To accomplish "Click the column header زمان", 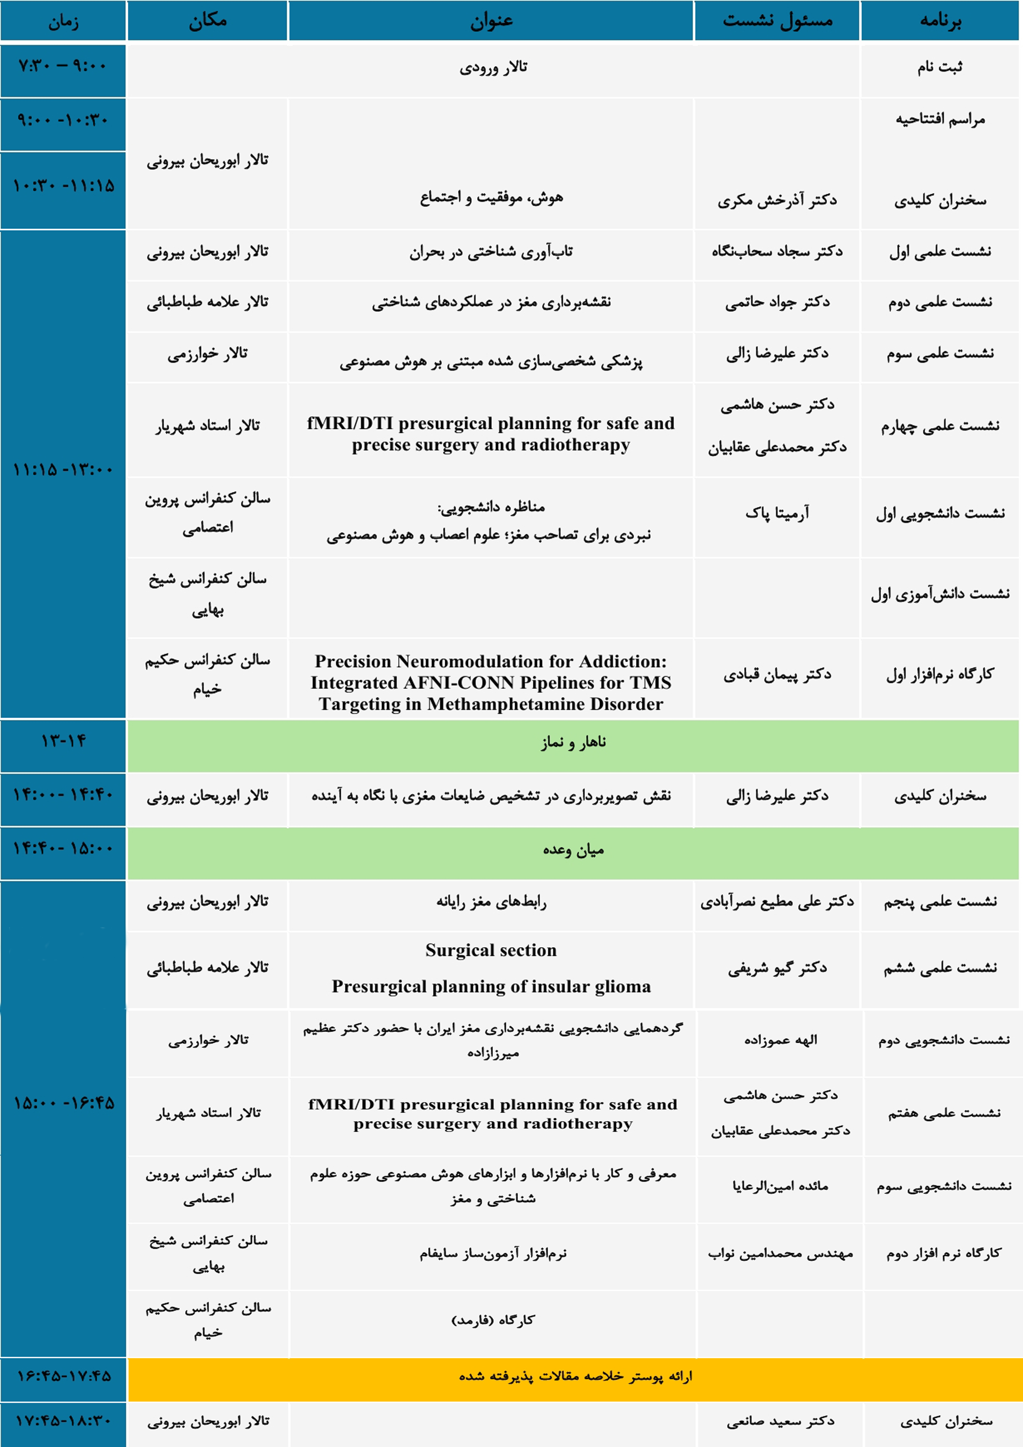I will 63,22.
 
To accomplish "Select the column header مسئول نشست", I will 777,21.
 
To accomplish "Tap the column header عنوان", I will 491,21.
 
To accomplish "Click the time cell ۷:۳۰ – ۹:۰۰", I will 63,66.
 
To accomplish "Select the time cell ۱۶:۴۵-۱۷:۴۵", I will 63,1376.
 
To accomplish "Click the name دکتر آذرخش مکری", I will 777,200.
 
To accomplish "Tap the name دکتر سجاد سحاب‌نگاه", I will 777,252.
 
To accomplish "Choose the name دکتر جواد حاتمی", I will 777,302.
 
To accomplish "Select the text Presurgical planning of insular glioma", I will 491,986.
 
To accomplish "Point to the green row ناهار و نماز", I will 573,742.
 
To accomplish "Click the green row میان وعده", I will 573,850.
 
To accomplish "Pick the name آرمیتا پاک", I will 777,513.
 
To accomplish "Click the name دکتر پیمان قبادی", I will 777,675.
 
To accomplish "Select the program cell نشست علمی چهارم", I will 940,427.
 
